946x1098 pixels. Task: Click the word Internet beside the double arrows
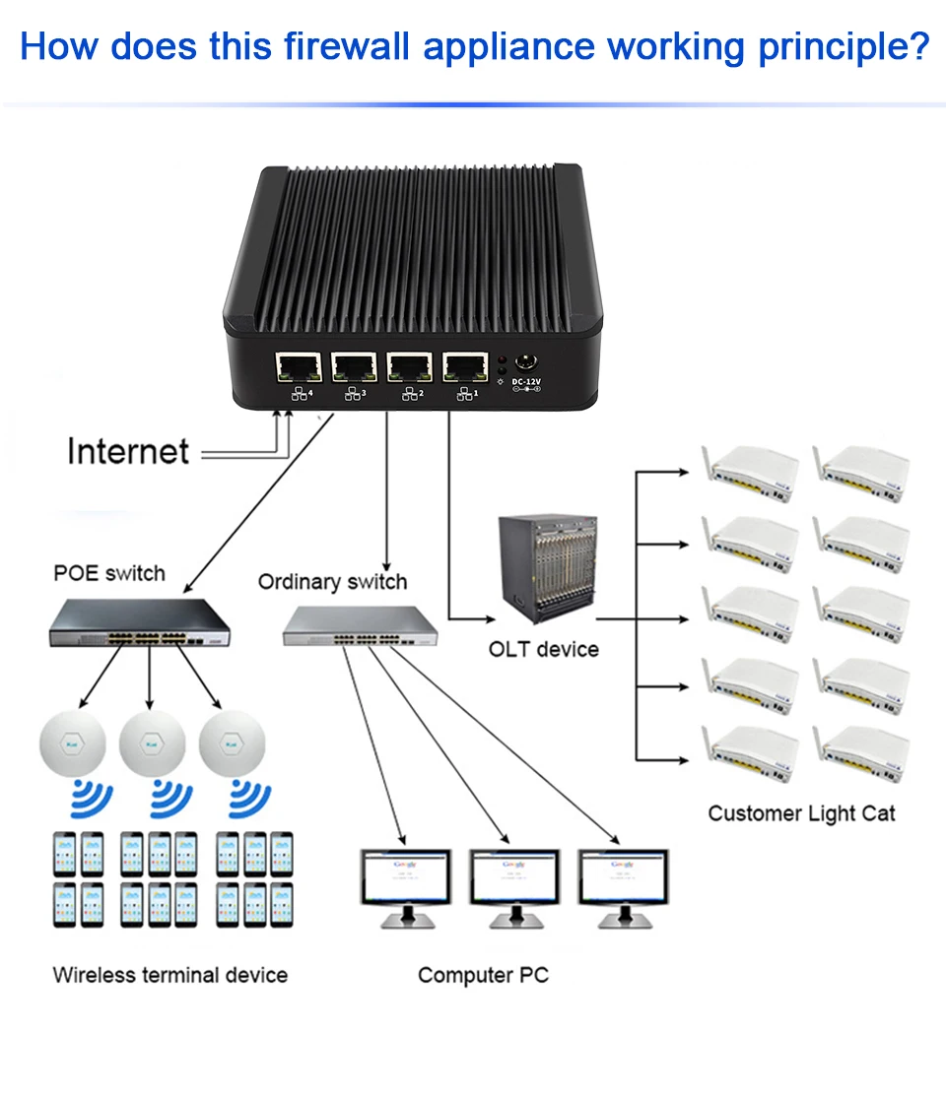pyautogui.click(x=128, y=451)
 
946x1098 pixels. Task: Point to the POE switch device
pyautogui.click(x=139, y=624)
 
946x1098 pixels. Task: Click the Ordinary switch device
pyautogui.click(x=363, y=624)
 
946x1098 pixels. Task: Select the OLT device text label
pyautogui.click(x=543, y=649)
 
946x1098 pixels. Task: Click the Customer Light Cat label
pyautogui.click(x=801, y=813)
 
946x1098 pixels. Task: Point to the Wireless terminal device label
pyautogui.click(x=169, y=975)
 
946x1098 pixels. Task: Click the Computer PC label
pyautogui.click(x=483, y=975)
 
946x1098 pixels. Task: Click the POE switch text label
pyautogui.click(x=109, y=573)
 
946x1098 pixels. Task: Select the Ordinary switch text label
pyautogui.click(x=332, y=582)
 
